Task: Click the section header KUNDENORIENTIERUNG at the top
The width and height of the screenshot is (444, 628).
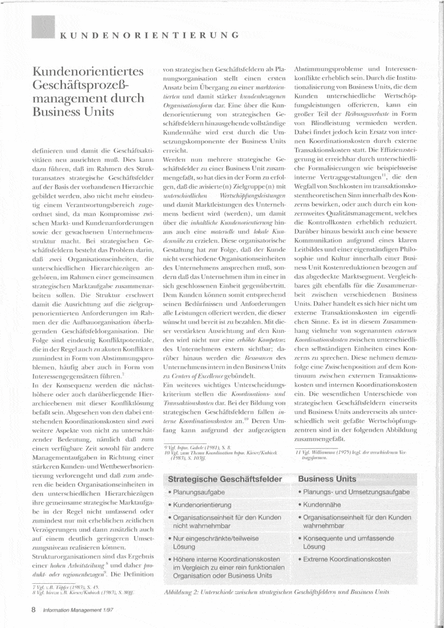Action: click(145, 34)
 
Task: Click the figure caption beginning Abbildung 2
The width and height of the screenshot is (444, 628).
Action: click(277, 594)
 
